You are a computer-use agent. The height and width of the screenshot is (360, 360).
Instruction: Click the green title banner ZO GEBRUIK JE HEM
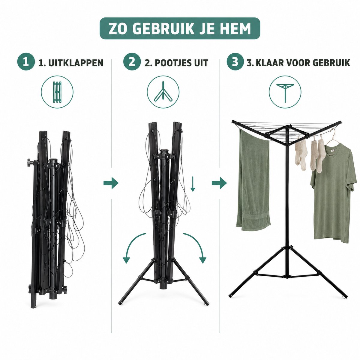coord(180,28)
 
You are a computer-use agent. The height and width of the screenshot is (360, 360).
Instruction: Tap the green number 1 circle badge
coord(26,62)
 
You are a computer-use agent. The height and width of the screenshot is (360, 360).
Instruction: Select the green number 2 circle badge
coord(132,62)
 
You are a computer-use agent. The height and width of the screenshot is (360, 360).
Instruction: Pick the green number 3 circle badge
coord(235,62)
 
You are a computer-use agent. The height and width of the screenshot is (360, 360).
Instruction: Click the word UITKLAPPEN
coord(76,63)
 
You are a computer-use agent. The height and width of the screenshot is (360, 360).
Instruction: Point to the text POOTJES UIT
coord(181,63)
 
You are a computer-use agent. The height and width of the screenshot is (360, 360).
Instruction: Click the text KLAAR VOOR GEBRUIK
coord(303,63)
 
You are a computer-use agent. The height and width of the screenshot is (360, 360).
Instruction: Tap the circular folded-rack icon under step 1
coord(57,92)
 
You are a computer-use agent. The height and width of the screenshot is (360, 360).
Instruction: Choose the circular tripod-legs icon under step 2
coord(163,92)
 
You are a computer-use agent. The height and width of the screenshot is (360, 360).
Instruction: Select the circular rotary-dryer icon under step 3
coord(285,92)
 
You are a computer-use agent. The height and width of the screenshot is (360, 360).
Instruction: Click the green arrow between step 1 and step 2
coord(111,183)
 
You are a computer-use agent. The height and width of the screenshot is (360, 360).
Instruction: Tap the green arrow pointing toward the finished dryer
coord(219,183)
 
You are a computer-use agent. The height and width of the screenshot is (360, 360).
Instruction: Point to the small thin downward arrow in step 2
coord(193,184)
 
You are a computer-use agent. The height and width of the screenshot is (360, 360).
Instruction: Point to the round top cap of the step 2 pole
coord(164,151)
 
